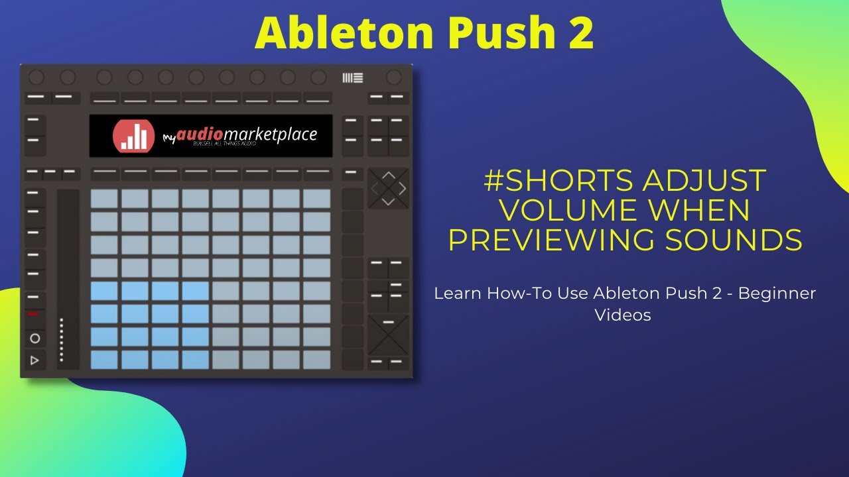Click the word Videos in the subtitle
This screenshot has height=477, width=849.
(622, 315)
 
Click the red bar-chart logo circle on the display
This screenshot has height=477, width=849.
(134, 136)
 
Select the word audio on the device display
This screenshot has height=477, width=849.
(199, 134)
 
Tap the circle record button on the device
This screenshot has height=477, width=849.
(35, 338)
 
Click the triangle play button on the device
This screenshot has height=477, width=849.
(35, 360)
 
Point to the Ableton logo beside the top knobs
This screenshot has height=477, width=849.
(353, 78)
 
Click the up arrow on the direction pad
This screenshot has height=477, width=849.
(389, 176)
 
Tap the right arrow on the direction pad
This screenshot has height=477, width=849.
(402, 189)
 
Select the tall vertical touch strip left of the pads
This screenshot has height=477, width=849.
(68, 278)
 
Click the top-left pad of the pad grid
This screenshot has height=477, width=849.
(104, 199)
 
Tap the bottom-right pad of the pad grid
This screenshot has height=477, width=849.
(317, 360)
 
